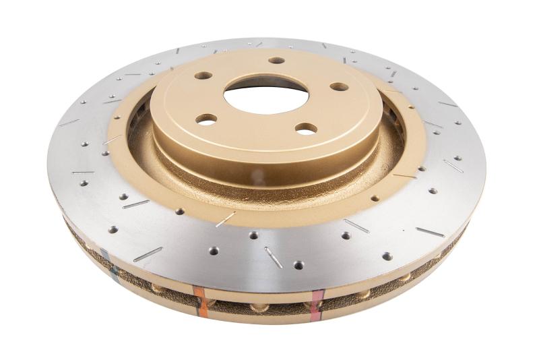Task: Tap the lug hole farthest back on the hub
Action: pos(277,61)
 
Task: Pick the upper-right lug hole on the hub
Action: pos(339,86)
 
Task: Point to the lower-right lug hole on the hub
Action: pos(306,128)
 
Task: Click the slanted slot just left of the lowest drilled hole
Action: pos(273,256)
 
